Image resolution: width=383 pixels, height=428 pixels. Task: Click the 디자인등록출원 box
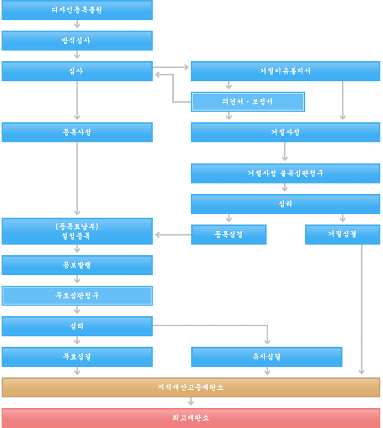coord(77,10)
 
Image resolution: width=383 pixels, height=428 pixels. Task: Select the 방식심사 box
coord(77,41)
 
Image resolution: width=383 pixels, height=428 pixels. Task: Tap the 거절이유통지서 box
coord(285,71)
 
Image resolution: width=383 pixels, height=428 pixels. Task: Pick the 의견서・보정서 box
coord(248,102)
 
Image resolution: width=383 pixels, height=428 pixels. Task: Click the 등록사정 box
coord(77,132)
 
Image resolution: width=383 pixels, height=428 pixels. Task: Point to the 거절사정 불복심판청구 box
coord(285,173)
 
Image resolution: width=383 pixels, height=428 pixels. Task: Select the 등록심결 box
coord(229,235)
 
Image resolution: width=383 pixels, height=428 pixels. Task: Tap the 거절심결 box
coord(343,235)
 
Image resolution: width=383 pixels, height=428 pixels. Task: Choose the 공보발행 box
coord(77,265)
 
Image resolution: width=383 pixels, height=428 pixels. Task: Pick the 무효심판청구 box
coord(77,296)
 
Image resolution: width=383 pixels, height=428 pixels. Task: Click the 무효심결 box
coord(77,357)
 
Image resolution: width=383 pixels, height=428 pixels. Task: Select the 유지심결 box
coord(267,357)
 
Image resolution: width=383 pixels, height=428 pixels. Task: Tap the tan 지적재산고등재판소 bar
coord(191,387)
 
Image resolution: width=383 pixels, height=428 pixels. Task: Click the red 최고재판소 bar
coord(191,418)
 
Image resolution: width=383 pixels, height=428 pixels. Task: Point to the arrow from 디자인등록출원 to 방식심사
coord(77,25)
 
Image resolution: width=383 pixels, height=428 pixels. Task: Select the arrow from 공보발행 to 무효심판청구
coord(77,280)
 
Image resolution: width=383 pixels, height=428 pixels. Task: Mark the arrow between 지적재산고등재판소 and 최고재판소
coord(191,402)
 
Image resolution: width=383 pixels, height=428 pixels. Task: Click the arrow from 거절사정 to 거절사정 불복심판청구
coord(285,152)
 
